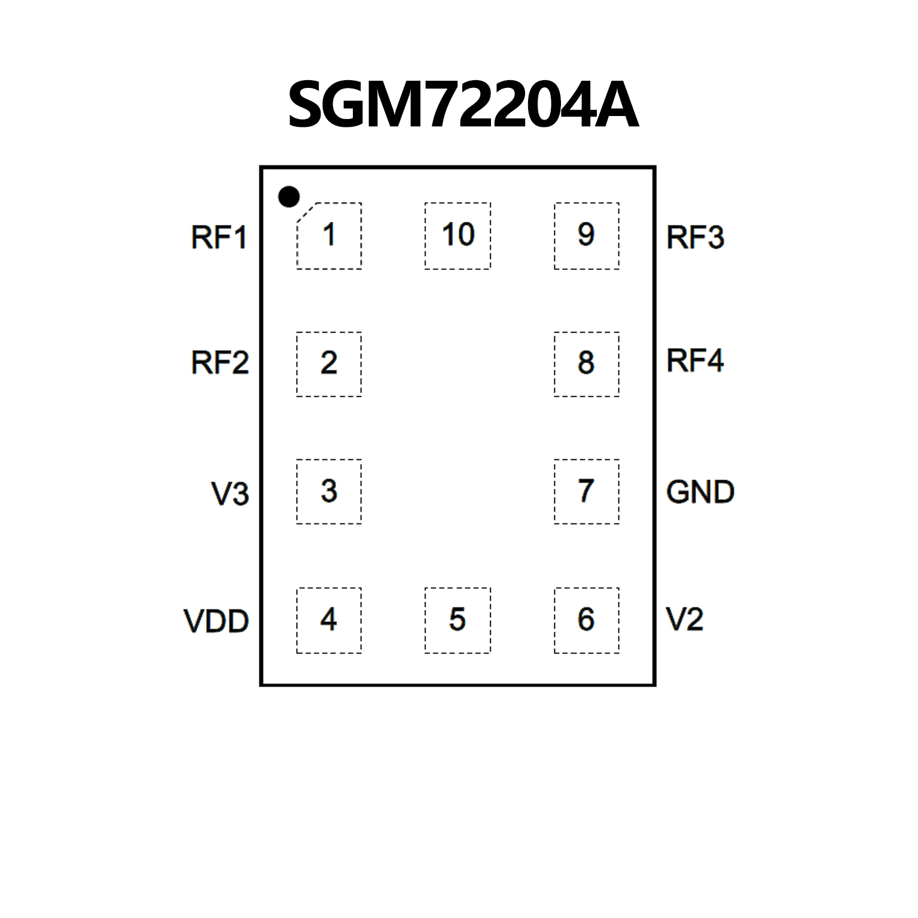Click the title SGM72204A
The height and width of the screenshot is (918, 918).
click(x=463, y=106)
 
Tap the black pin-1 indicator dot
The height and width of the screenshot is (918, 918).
click(x=289, y=196)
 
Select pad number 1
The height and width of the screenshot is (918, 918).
click(x=329, y=236)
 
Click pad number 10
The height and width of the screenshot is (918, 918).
click(x=458, y=236)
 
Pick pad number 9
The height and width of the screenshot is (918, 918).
click(x=586, y=236)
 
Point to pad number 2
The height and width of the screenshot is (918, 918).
click(x=329, y=364)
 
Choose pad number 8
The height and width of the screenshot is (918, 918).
click(x=586, y=364)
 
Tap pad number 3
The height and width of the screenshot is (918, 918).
click(x=329, y=492)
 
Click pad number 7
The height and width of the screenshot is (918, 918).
click(x=586, y=492)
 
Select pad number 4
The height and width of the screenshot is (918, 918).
click(x=329, y=620)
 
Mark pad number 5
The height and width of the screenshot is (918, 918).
click(x=458, y=620)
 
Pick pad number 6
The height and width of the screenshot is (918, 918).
click(x=586, y=620)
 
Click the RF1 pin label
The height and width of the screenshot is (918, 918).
click(x=219, y=237)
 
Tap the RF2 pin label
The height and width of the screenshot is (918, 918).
click(x=219, y=363)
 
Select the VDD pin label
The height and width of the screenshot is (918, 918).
click(x=216, y=621)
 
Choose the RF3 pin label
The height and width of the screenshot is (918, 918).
click(x=695, y=237)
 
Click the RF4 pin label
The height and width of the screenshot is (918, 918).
click(x=695, y=361)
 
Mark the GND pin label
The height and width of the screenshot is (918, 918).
click(x=700, y=492)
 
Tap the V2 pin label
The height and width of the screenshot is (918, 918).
click(x=684, y=620)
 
